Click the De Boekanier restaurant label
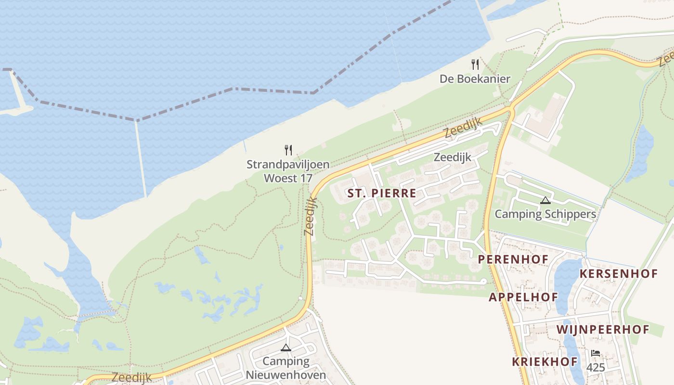475,78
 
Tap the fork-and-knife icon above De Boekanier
475,64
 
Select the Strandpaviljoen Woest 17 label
288,171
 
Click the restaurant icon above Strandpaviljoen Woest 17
288,150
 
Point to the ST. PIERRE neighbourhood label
381,193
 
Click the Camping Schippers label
545,214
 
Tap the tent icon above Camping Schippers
545,200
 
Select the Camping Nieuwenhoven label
286,368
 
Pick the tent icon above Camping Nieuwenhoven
286,347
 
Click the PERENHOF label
513,259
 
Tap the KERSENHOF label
619,274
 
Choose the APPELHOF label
523,297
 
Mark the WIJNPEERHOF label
603,330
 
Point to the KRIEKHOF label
544,362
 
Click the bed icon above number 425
596,353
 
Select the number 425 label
596,367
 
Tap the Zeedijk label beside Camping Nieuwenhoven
132,377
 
